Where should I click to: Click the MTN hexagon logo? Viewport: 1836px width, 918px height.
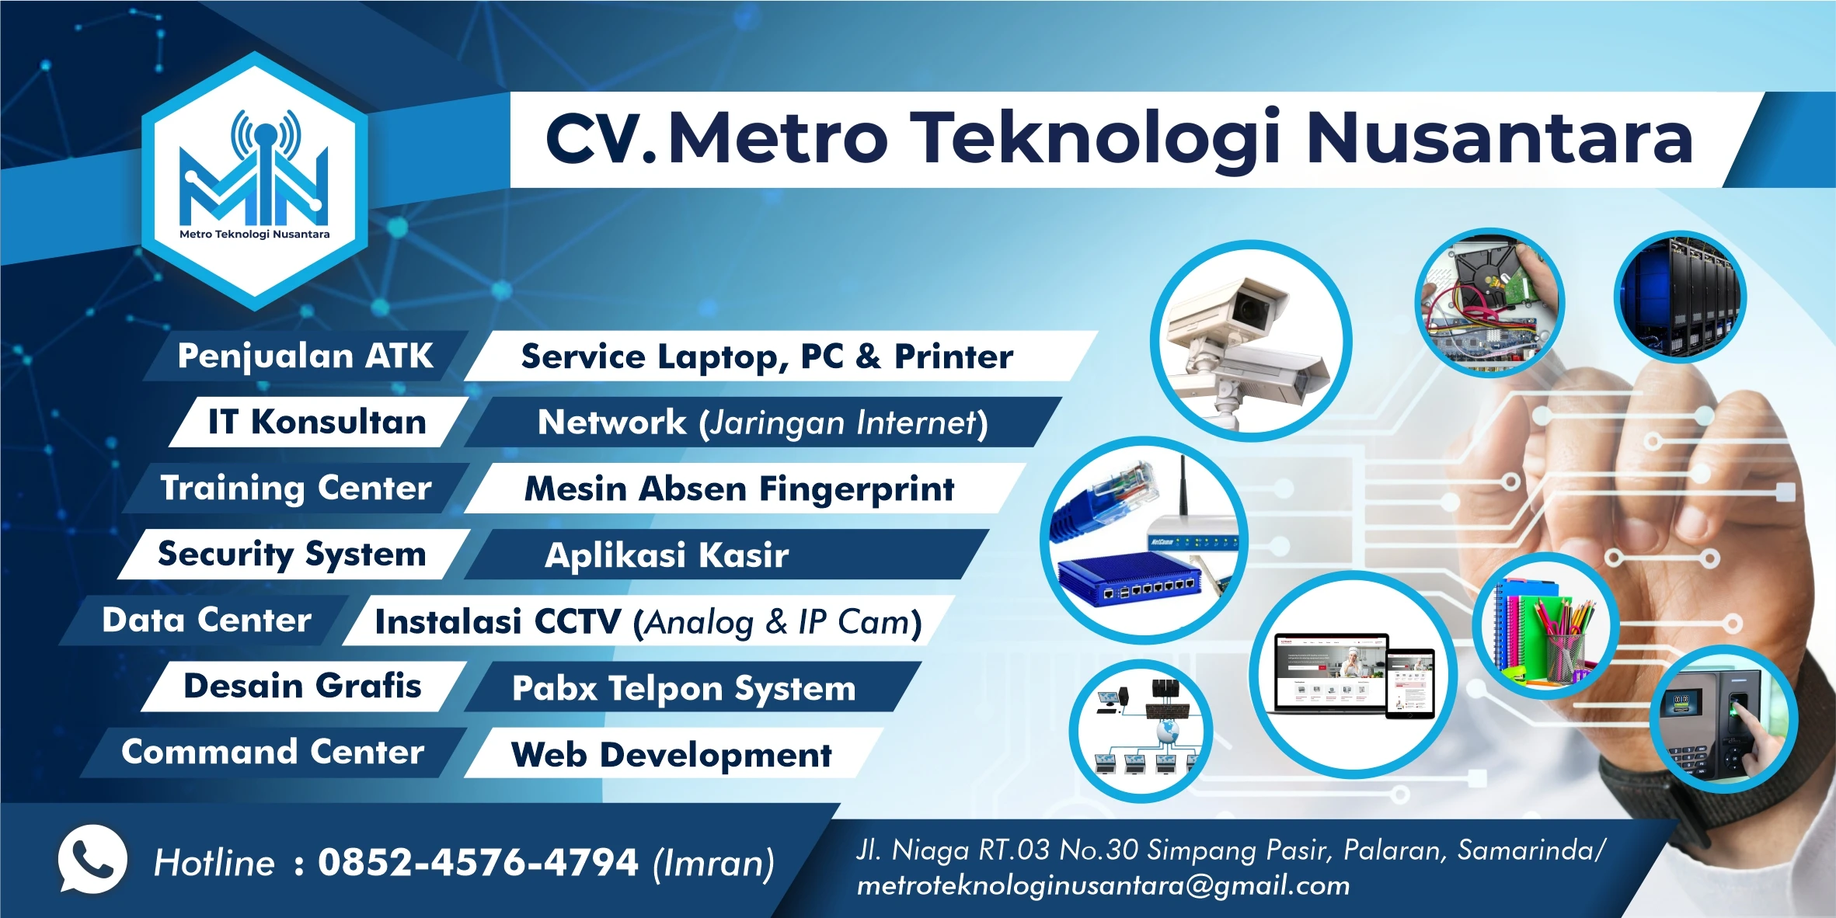(x=255, y=181)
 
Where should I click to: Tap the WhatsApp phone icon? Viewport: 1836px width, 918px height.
(x=92, y=860)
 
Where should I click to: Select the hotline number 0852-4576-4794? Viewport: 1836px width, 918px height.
(x=478, y=863)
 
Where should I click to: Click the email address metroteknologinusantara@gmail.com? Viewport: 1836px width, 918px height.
(x=1103, y=885)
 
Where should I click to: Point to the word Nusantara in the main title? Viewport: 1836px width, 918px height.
(x=1500, y=138)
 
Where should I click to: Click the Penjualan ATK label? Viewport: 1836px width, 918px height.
(x=305, y=356)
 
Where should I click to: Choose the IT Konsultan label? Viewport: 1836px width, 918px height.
(x=317, y=422)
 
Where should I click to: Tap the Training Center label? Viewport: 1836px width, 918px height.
(x=295, y=489)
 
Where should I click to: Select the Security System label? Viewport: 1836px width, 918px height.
(x=292, y=555)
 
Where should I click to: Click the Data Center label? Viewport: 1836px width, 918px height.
(x=207, y=621)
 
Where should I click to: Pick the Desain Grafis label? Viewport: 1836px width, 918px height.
(x=302, y=687)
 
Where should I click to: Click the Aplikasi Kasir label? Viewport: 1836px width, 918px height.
(x=667, y=555)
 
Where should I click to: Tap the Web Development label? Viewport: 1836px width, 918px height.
(x=671, y=755)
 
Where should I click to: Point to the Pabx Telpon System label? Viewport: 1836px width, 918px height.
(x=684, y=689)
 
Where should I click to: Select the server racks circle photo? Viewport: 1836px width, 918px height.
(x=1680, y=297)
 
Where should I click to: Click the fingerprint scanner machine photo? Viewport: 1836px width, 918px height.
(x=1723, y=718)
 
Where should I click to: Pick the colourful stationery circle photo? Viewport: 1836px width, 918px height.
(x=1545, y=626)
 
